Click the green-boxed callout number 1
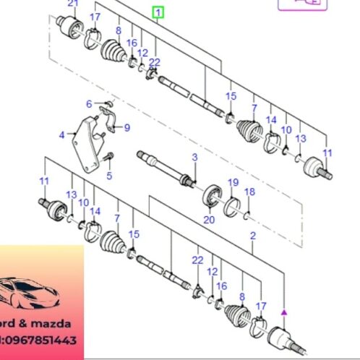(x=158, y=12)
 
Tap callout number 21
(x=72, y=4)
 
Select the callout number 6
(x=89, y=104)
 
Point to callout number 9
(x=127, y=128)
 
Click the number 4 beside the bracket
(x=61, y=134)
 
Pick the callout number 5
(x=109, y=174)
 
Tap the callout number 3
(x=194, y=158)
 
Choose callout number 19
(x=233, y=181)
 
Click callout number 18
(x=249, y=192)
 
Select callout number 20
(x=210, y=220)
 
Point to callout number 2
(x=252, y=236)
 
